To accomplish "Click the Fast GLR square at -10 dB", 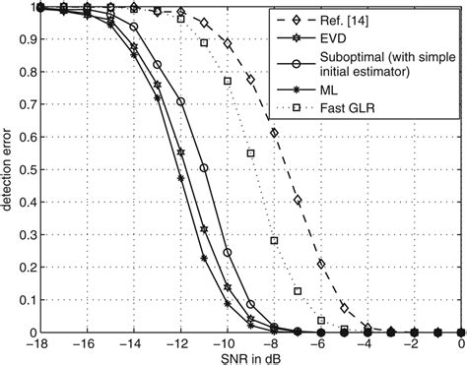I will coord(227,81).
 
